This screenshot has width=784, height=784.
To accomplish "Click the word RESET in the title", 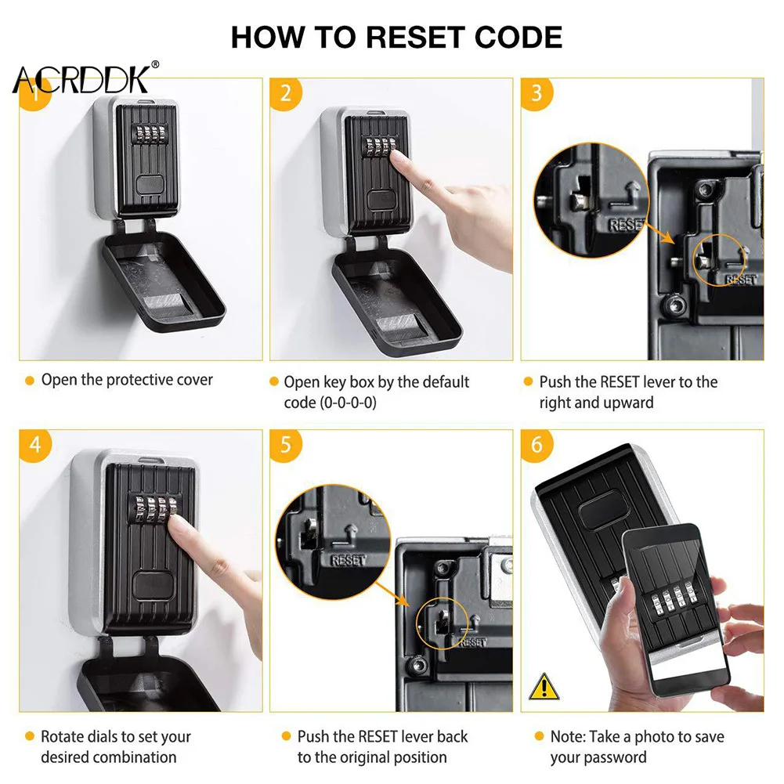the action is tap(416, 38).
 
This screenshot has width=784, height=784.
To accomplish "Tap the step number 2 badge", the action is tap(286, 93).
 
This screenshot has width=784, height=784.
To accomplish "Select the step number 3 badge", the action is tap(537, 93).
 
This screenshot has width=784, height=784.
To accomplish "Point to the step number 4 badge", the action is tap(35, 445).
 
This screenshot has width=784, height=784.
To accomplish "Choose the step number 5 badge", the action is tap(286, 445).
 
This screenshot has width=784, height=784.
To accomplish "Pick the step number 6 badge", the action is tap(537, 445).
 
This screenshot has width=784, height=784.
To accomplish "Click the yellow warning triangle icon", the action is tap(544, 687).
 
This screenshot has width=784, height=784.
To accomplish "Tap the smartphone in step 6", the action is tap(675, 610).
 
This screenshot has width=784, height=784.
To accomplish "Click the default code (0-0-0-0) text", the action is tap(330, 403).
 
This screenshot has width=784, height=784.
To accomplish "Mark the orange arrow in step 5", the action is tap(392, 594).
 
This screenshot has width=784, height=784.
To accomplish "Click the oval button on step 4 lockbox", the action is tap(154, 586).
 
